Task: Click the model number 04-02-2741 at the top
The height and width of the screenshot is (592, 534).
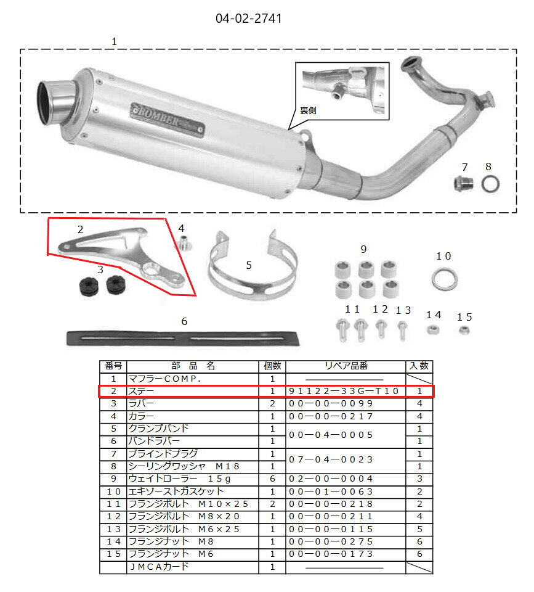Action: click(x=248, y=18)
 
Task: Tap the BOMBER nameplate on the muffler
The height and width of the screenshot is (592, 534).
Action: click(x=168, y=120)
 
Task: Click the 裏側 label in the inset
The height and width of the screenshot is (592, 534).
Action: click(x=308, y=110)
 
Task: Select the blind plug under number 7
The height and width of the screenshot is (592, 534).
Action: click(x=464, y=184)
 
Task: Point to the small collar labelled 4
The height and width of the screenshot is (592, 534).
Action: click(x=184, y=242)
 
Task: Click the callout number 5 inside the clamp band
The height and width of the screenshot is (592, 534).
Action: click(x=249, y=265)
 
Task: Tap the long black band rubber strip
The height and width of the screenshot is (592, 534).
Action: click(x=182, y=339)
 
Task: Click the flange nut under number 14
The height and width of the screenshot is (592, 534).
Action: click(x=432, y=330)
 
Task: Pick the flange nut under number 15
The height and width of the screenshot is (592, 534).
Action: click(x=464, y=331)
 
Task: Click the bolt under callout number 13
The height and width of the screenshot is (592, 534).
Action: click(x=402, y=331)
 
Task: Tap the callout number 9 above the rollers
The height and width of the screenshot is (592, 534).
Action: click(x=363, y=249)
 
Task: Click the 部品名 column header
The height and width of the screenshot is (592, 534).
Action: click(x=193, y=366)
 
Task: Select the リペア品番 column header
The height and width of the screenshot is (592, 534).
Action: click(x=346, y=366)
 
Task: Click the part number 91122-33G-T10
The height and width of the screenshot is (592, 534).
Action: click(x=344, y=391)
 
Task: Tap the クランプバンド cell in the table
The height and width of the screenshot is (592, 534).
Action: click(x=158, y=429)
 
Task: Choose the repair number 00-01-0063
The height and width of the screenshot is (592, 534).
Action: click(x=331, y=491)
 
